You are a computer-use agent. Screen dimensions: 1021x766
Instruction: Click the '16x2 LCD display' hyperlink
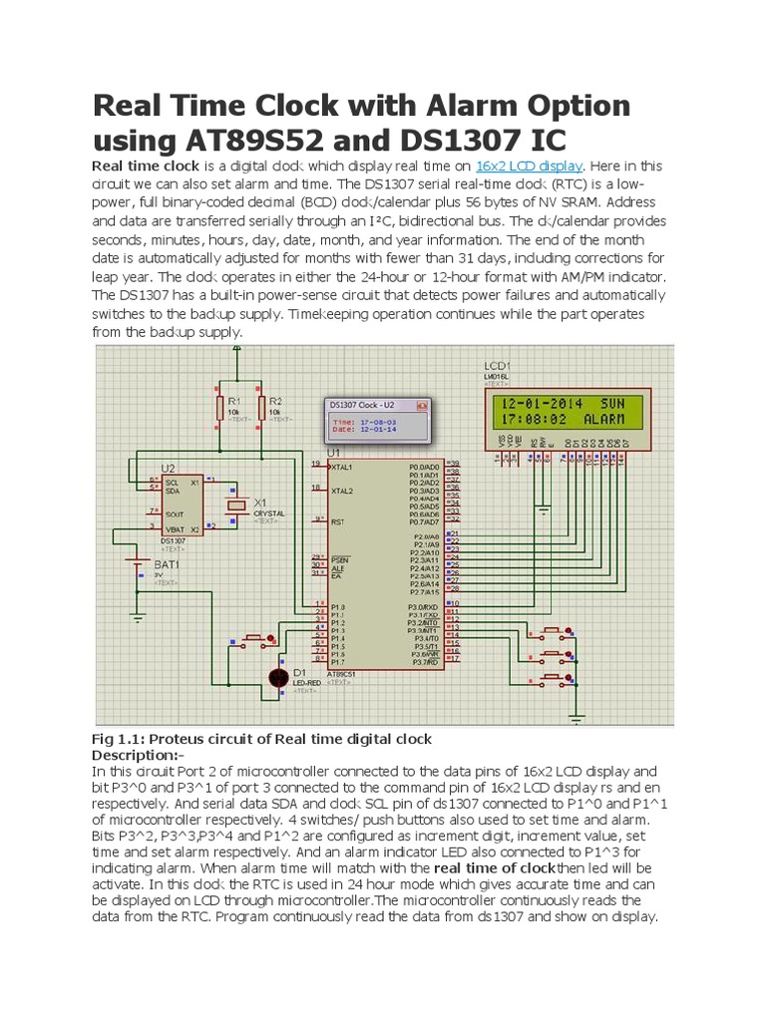529,167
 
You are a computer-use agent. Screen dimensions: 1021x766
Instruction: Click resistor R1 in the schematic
219,408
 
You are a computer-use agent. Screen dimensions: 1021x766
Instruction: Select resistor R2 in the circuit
261,408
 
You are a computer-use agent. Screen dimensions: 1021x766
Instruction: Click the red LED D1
279,677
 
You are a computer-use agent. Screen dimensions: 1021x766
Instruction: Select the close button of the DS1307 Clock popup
422,406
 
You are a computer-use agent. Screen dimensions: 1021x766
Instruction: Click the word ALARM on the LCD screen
603,420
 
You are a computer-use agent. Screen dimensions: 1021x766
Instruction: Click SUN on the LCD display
612,403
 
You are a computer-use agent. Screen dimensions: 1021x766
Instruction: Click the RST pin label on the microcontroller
340,520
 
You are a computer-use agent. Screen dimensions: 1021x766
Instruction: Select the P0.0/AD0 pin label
423,466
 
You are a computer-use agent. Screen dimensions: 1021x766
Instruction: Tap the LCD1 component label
497,365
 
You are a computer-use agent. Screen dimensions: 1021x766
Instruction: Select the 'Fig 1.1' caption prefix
116,739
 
